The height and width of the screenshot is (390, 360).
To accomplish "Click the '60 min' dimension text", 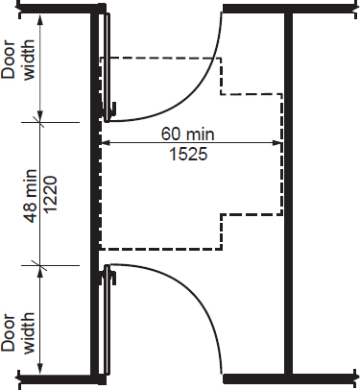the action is pos(187,134).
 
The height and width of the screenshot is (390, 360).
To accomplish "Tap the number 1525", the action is pos(188,154).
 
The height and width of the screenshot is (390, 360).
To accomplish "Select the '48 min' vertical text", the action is pos(31,195).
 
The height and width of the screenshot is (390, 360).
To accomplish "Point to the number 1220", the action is pos(50,194).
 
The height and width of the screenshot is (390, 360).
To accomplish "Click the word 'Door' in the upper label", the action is pos(9,60).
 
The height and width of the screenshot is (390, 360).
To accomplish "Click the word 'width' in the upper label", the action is pos(29,60).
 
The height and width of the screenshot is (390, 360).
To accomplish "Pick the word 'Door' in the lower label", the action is pos(9,332).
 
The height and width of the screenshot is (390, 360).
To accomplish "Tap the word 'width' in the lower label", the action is pos(29,333).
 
